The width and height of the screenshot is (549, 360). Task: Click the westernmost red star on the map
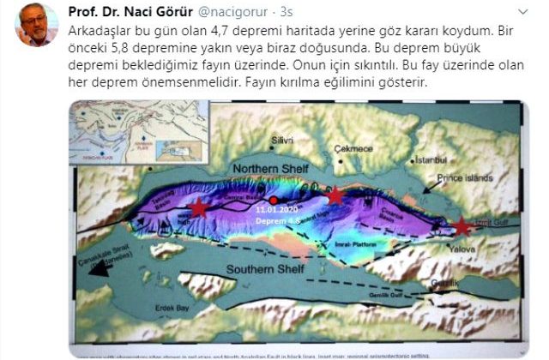[x=198, y=207]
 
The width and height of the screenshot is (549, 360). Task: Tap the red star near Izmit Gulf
[x=462, y=226]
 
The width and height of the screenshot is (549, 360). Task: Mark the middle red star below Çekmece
[x=335, y=196]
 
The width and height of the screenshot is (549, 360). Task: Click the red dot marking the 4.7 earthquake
[x=273, y=200]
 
